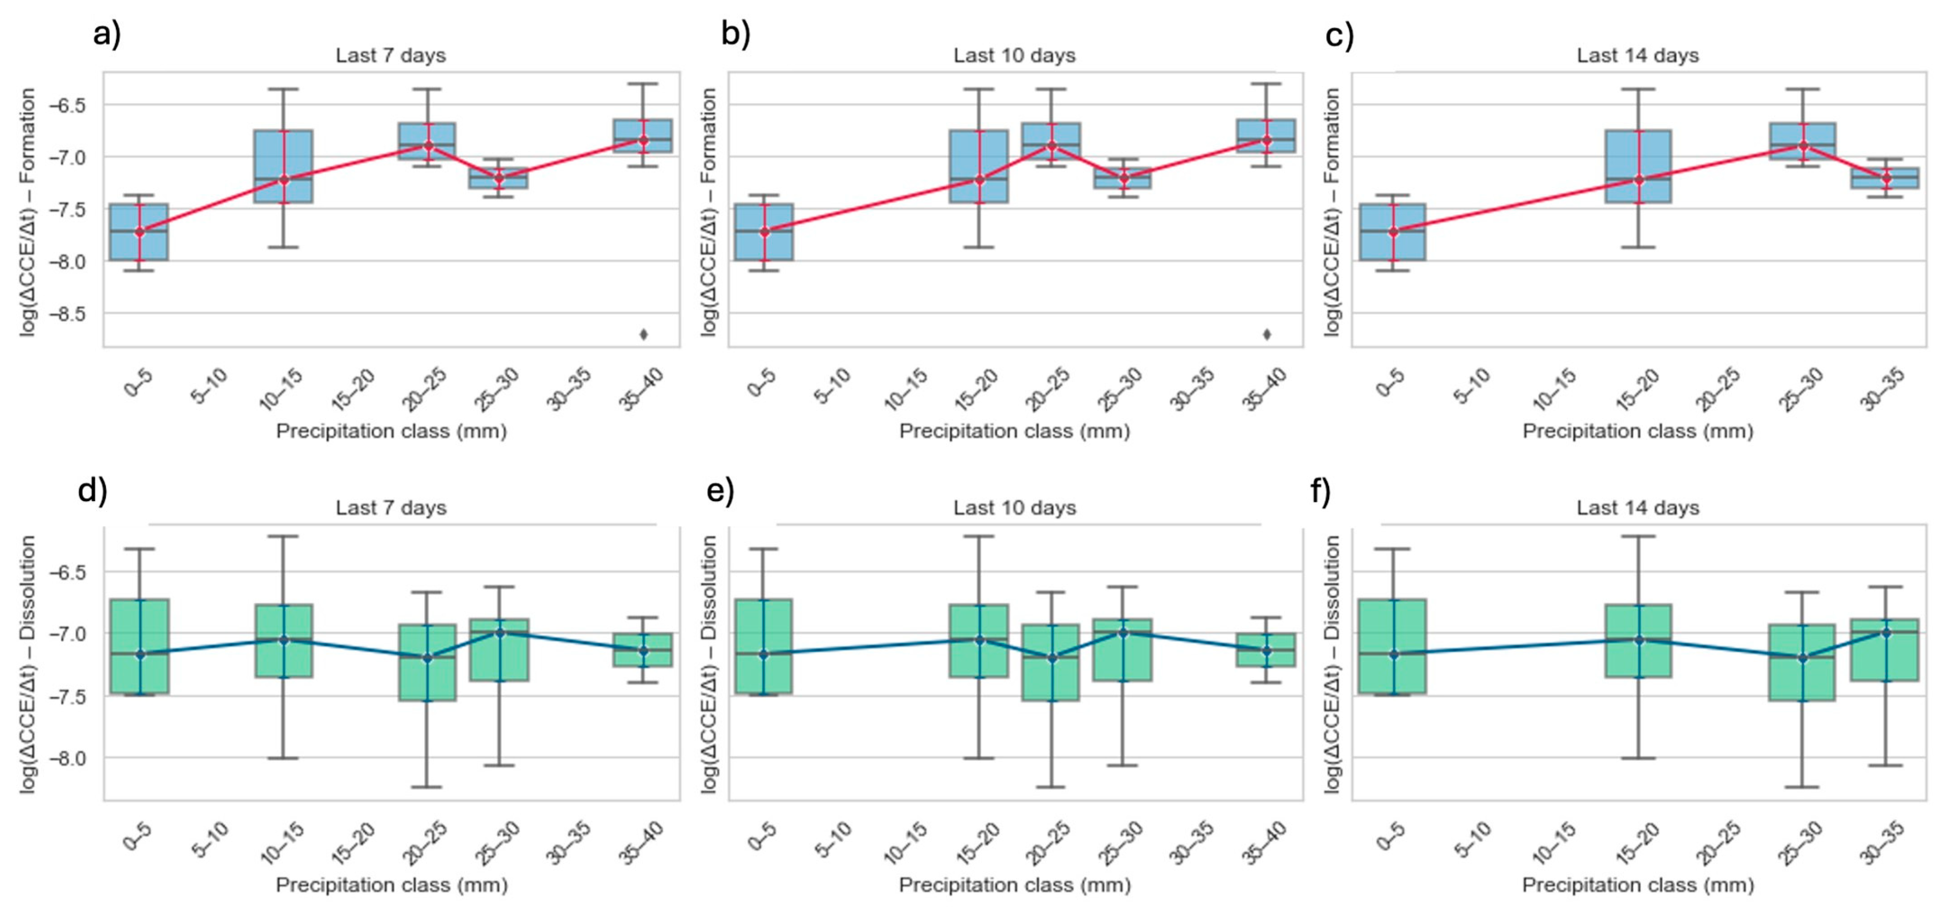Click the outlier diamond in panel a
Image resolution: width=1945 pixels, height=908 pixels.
643,334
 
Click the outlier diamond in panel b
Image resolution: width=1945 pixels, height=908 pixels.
1267,334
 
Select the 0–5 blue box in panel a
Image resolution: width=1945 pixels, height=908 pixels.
139,232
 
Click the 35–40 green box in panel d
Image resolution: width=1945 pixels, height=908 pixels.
643,650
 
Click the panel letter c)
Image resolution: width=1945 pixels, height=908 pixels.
1339,36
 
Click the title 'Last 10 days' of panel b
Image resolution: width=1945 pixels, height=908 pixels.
1014,55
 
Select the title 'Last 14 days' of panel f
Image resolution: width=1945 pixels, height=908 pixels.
1638,508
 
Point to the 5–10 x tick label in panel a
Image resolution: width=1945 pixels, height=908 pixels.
209,386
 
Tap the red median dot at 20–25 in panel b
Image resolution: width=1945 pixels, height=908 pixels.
1052,145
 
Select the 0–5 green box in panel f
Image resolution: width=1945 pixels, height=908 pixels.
1392,646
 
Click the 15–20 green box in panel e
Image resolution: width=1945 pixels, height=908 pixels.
979,640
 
